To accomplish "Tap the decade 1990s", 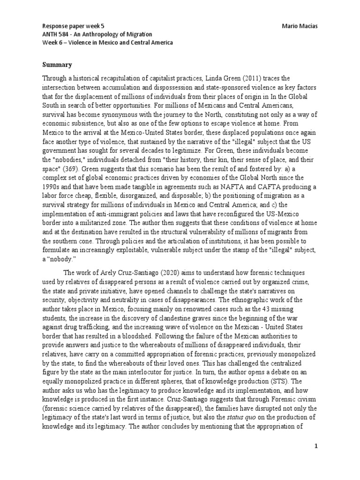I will coord(52,187).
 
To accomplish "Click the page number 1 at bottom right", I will coord(316,446).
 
